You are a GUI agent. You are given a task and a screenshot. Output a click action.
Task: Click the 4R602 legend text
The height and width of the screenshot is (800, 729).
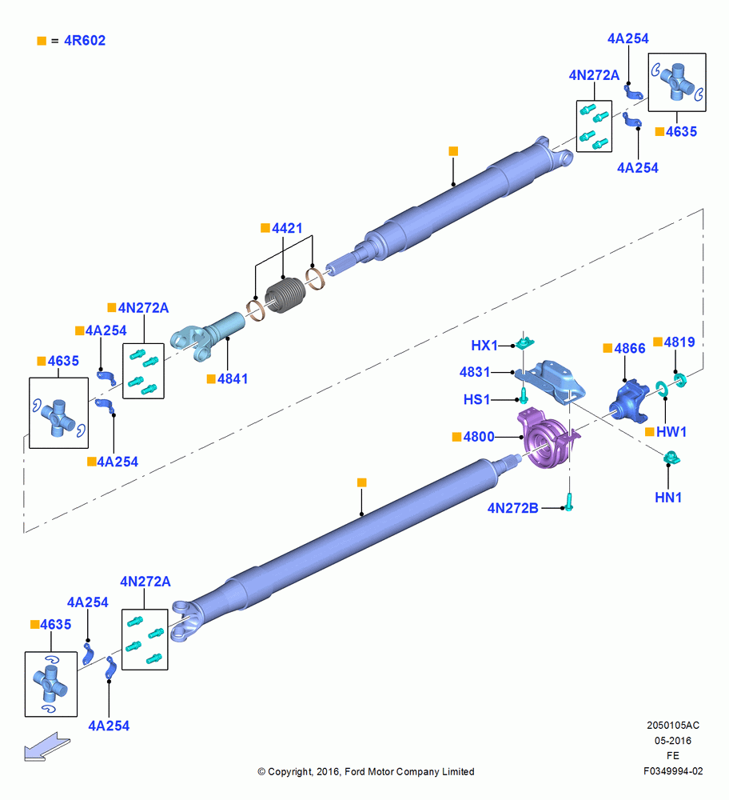[85, 40]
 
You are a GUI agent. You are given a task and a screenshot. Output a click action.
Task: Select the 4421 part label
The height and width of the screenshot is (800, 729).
[287, 228]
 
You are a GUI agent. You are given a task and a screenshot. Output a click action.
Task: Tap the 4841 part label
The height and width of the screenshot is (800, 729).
[233, 378]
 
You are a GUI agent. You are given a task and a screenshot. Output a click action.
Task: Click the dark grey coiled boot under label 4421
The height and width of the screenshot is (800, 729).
[285, 295]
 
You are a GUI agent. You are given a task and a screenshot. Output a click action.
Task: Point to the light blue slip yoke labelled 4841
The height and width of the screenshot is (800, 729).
[206, 337]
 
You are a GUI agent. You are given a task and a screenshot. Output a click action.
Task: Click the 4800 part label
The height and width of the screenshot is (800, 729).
[479, 437]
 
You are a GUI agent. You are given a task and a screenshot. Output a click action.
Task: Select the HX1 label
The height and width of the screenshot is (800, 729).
[484, 346]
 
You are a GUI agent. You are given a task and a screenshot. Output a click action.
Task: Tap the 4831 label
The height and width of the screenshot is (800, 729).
[475, 372]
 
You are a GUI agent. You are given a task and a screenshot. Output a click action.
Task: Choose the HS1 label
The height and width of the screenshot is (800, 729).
[476, 399]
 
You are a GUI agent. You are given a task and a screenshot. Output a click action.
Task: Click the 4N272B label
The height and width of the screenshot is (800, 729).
[513, 508]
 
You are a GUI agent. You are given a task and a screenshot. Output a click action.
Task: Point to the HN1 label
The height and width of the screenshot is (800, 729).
[667, 497]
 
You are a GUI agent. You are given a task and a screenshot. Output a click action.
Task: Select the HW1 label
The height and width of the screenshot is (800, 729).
[671, 432]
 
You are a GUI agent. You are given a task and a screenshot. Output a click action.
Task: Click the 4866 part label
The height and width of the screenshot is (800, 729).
[630, 349]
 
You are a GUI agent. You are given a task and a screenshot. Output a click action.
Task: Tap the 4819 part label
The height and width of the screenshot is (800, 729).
[679, 342]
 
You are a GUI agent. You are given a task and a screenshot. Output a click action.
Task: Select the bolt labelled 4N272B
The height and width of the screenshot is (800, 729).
[569, 502]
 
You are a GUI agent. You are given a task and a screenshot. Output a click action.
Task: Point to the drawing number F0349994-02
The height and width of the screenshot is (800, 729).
[673, 771]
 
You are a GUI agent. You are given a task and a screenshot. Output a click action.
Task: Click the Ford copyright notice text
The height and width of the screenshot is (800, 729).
[366, 771]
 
